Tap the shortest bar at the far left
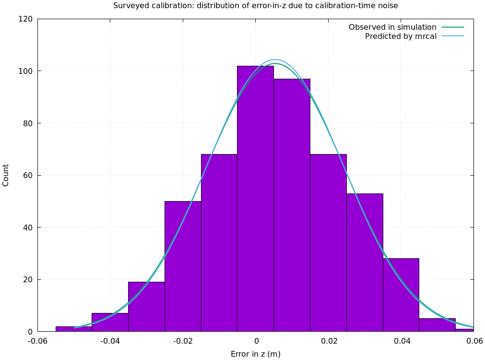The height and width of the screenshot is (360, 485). coord(74,329)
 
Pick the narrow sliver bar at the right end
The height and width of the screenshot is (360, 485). coord(464,330)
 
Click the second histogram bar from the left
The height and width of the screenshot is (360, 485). coord(110,322)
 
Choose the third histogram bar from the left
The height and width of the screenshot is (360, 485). coord(146,307)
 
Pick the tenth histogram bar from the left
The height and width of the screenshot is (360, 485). coord(401,295)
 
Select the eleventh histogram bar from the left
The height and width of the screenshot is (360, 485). coord(437,325)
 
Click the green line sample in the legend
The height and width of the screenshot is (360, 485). coord(453,27)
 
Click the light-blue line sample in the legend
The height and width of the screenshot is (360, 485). coord(453,36)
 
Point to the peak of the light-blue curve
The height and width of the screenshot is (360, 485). coord(275,60)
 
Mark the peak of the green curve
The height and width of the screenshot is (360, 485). coord(274,63)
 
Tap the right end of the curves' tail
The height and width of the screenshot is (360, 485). coord(473,327)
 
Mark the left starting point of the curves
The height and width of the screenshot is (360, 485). coord(74,328)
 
